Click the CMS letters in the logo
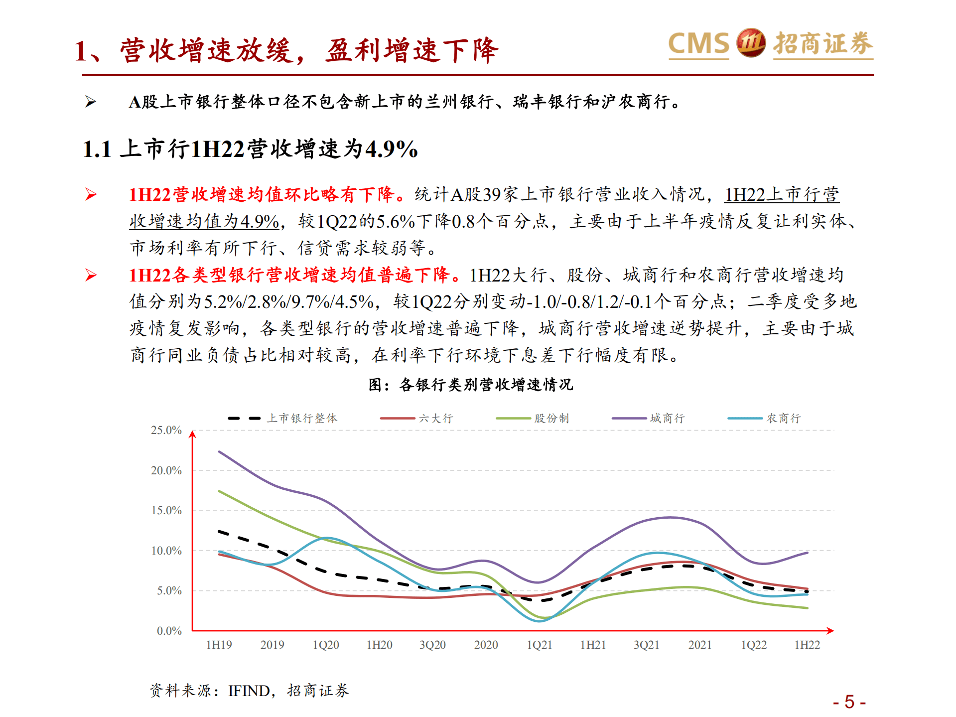point(698,43)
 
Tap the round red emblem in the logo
point(751,42)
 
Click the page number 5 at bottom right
point(849,702)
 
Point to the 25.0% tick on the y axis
point(166,430)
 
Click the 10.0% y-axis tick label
point(166,551)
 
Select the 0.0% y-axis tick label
point(169,631)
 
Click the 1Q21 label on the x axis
point(540,645)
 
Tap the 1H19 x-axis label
point(219,645)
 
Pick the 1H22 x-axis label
point(807,645)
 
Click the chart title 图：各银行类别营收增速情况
point(471,385)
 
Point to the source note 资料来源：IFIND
point(249,691)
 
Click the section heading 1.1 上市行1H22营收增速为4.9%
point(250,149)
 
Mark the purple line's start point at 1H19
point(220,452)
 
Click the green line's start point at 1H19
point(220,491)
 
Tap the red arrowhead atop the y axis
point(193,434)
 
